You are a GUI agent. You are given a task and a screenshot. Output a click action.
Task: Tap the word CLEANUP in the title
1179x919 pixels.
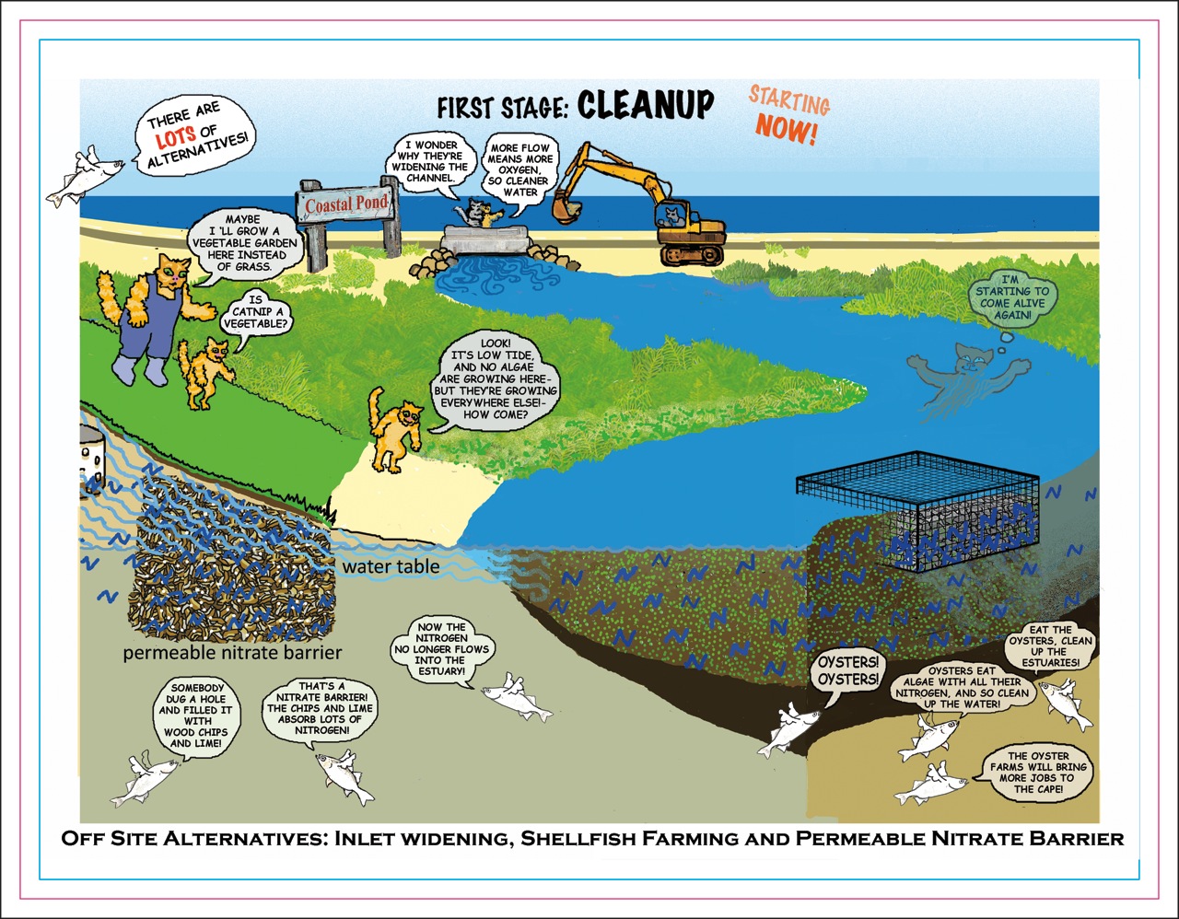click(645, 106)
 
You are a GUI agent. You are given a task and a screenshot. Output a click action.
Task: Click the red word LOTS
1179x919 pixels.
click(175, 137)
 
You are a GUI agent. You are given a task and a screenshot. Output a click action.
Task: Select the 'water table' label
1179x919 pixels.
click(391, 566)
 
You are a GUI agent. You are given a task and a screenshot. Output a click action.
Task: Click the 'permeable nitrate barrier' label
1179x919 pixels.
click(232, 653)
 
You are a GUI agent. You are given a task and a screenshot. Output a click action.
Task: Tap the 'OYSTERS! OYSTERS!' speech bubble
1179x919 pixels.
click(848, 671)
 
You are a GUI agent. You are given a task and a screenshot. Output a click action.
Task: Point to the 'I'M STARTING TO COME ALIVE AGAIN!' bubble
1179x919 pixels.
click(1012, 297)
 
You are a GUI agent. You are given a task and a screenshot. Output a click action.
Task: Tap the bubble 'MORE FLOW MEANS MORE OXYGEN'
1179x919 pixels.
click(520, 169)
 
